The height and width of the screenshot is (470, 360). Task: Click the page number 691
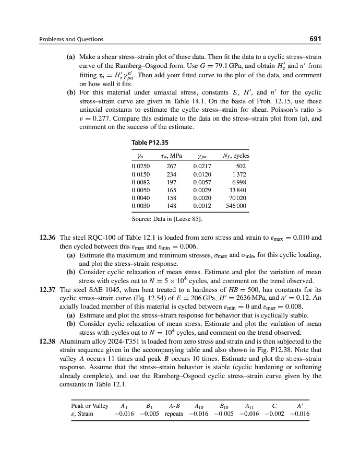tap(314, 39)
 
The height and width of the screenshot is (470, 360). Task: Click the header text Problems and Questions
tap(71, 40)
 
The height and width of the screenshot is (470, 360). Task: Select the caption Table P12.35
tap(151, 142)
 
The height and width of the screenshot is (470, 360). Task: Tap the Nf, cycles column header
tap(234, 156)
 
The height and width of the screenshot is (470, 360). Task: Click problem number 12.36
tap(49, 237)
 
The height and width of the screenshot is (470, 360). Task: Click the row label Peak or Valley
tap(90, 405)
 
